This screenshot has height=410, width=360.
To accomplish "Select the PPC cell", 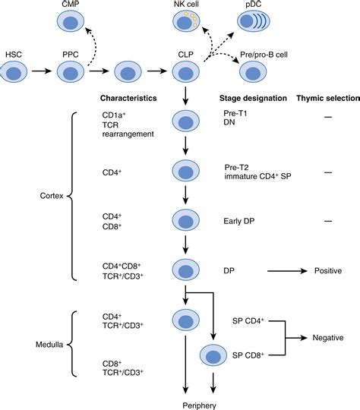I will [72, 73].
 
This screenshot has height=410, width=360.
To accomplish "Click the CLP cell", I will [185, 73].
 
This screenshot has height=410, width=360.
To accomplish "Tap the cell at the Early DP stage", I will [185, 221].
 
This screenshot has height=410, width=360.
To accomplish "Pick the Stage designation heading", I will [252, 99].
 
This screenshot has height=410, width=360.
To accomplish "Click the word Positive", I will [324, 270].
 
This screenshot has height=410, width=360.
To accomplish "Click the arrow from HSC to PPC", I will [44, 73].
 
